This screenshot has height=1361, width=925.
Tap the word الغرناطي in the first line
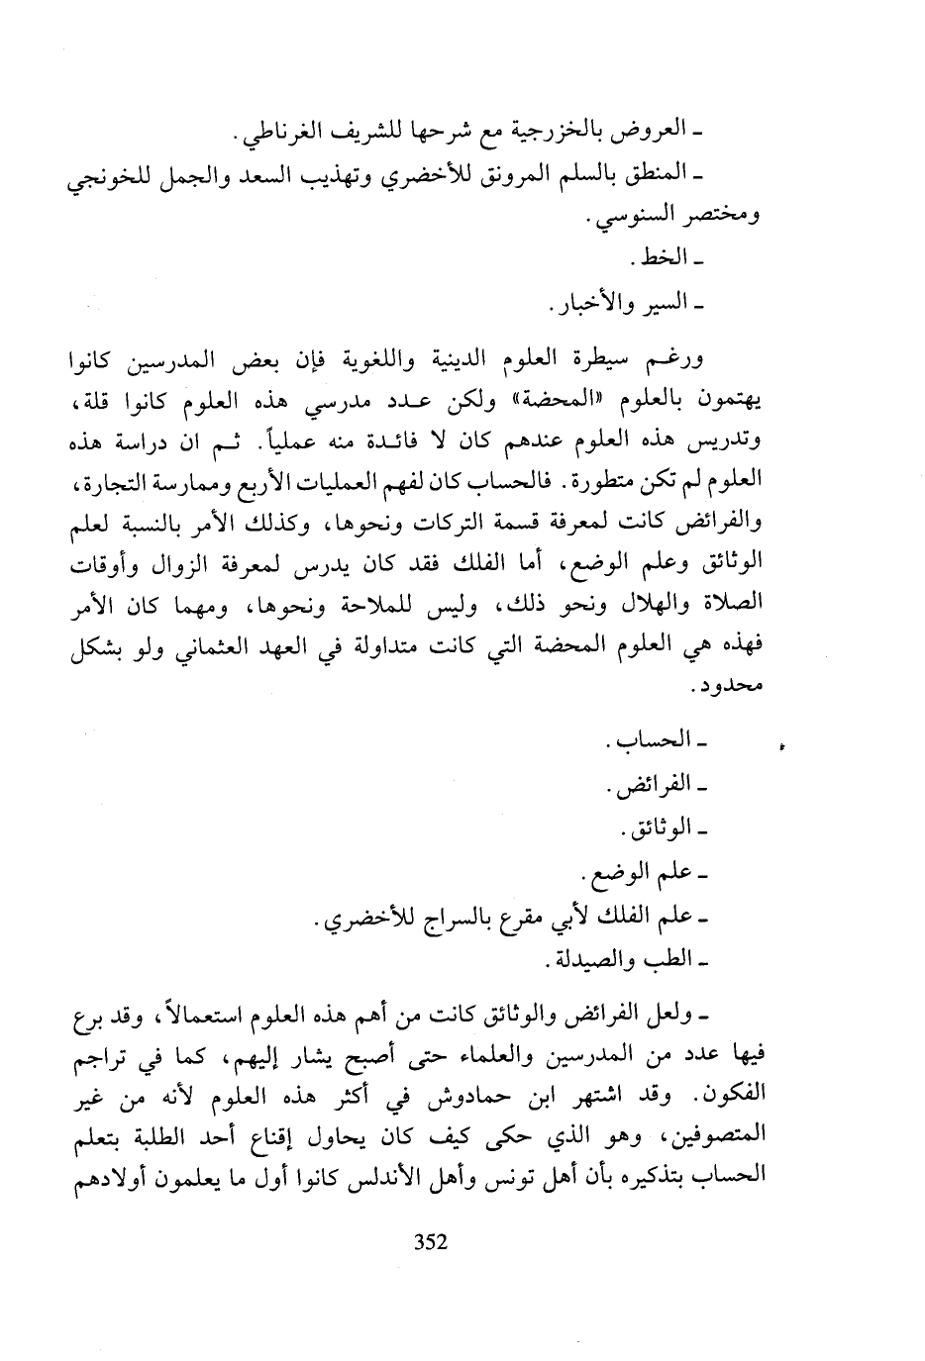coord(281,134)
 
